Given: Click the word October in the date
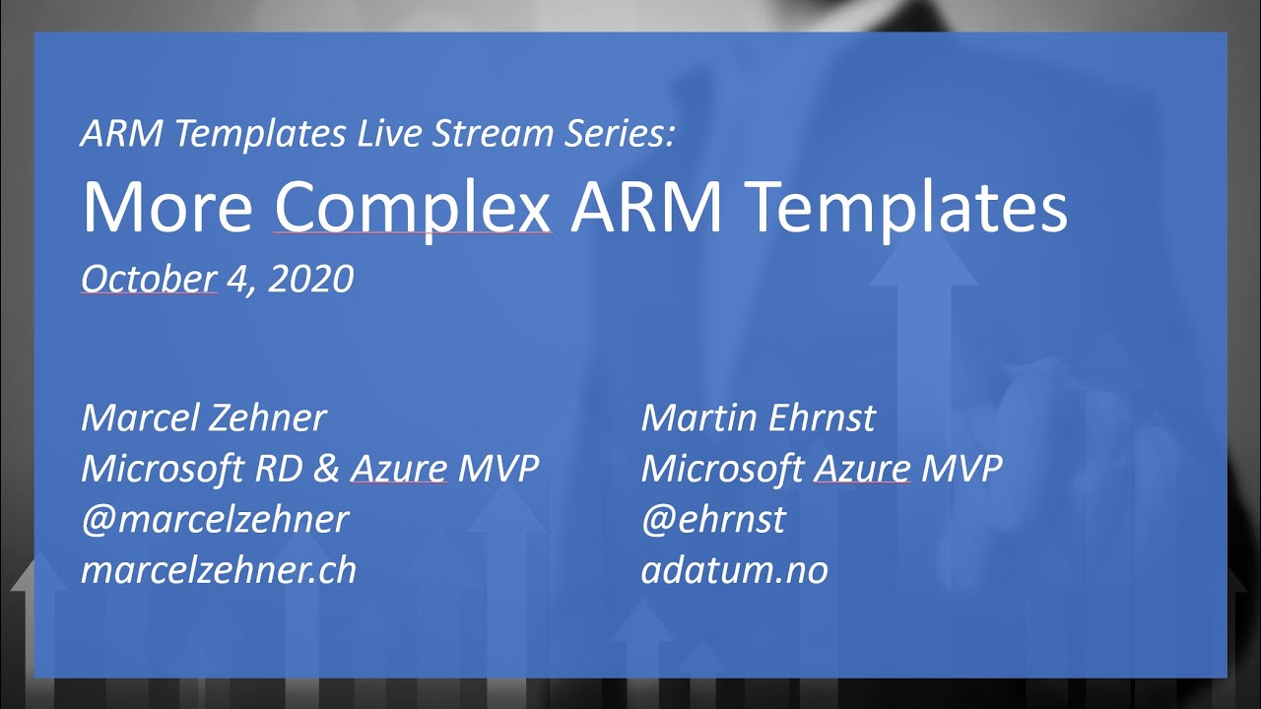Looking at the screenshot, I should pos(148,280).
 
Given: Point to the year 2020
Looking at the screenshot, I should pos(310,280).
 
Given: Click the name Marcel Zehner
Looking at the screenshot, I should pos(203,419).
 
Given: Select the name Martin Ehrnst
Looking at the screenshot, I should pos(758,419).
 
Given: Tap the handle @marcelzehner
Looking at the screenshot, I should pos(215,520).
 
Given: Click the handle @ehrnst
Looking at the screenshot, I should pos(713,520).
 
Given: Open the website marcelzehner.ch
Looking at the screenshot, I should pos(219,570).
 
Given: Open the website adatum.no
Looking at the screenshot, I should pos(734,570).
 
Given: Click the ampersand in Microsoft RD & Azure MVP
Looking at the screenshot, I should pos(326,469).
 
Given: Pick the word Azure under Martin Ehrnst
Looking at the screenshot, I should pos(861,469).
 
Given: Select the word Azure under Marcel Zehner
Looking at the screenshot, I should pos(399,469).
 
